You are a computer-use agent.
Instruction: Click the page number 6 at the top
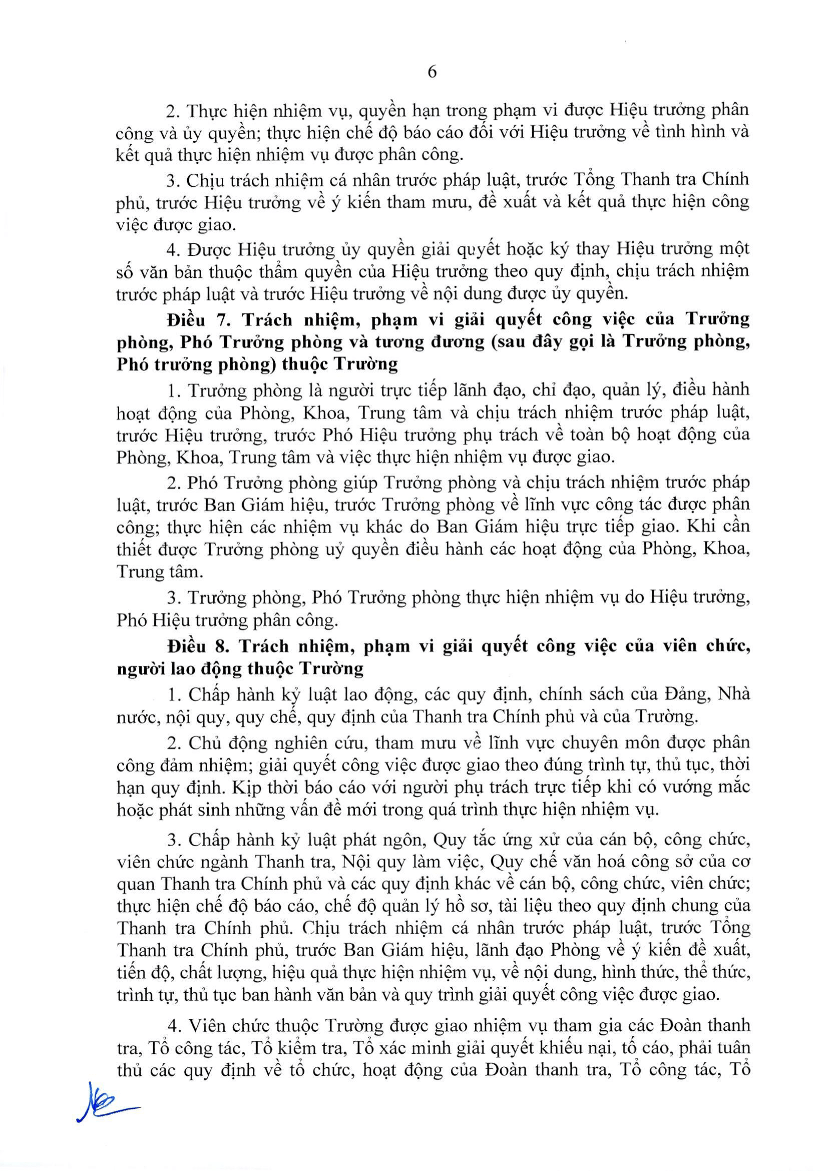(432, 73)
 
